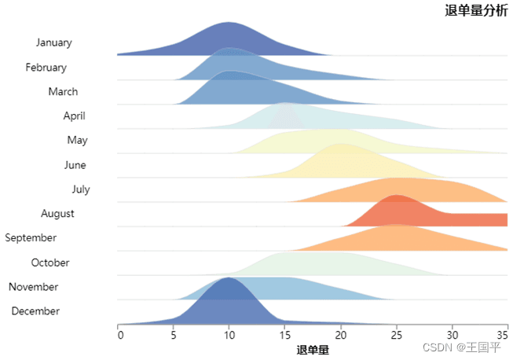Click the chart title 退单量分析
point(476,10)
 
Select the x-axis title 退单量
point(313,350)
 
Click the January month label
point(54,42)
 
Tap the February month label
point(46,68)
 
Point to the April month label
point(75,116)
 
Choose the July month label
point(81,189)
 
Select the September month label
point(31,237)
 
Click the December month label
point(35,311)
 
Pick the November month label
point(33,287)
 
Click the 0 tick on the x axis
point(121,335)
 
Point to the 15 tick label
point(285,335)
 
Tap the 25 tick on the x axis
point(397,335)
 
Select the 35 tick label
point(503,335)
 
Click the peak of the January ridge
point(228,22)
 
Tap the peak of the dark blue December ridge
point(228,277)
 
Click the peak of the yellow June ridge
point(342,144)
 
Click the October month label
point(50,263)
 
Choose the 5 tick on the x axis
point(174,335)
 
